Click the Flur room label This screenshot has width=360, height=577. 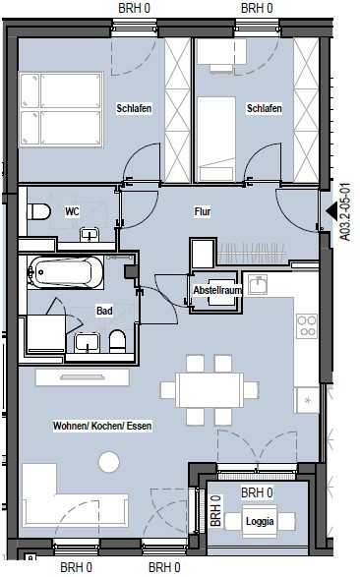click(x=203, y=211)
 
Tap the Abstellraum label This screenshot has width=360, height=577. click(x=217, y=290)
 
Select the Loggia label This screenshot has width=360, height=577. click(x=260, y=521)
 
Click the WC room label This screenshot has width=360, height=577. click(x=72, y=211)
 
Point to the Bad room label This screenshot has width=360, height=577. click(x=104, y=311)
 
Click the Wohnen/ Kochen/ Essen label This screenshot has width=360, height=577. click(x=102, y=426)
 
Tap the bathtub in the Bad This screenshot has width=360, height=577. click(x=66, y=272)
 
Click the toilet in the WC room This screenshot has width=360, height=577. click(x=38, y=211)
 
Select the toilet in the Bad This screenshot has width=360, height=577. click(x=118, y=341)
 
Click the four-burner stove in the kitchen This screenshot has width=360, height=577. click(x=307, y=326)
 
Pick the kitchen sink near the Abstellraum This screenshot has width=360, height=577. click(x=258, y=285)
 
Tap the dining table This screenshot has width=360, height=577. click(x=210, y=390)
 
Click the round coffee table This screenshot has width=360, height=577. click(x=109, y=462)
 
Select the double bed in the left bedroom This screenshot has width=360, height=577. click(x=61, y=110)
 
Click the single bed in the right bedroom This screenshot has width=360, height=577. click(x=216, y=140)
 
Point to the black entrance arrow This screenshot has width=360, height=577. click(x=331, y=210)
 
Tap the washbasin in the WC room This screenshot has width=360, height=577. click(x=90, y=234)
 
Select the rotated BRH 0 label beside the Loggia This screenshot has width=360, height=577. click(x=215, y=511)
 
